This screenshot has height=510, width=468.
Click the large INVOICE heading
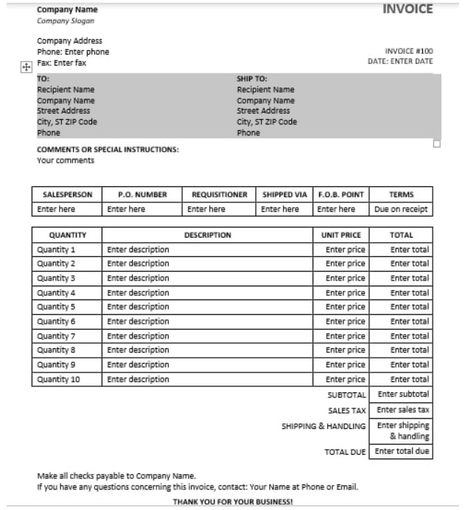coord(408,10)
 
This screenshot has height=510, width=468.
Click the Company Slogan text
coord(66,21)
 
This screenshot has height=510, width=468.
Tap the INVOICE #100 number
coord(409,51)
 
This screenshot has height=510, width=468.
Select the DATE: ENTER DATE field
coord(400,61)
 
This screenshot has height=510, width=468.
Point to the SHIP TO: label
coord(251,78)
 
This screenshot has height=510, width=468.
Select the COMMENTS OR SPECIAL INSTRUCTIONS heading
coord(108,149)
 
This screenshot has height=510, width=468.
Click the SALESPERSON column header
coord(67,194)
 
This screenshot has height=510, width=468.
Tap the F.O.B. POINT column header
coord(340,194)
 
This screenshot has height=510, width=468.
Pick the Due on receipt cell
coord(401,209)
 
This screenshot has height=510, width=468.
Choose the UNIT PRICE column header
coord(340,235)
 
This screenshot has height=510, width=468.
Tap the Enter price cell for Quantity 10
coord(345,379)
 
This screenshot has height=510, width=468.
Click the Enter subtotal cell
coord(402,394)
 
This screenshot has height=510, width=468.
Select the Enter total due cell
coord(402,451)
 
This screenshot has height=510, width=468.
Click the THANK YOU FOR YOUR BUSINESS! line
coord(232,501)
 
